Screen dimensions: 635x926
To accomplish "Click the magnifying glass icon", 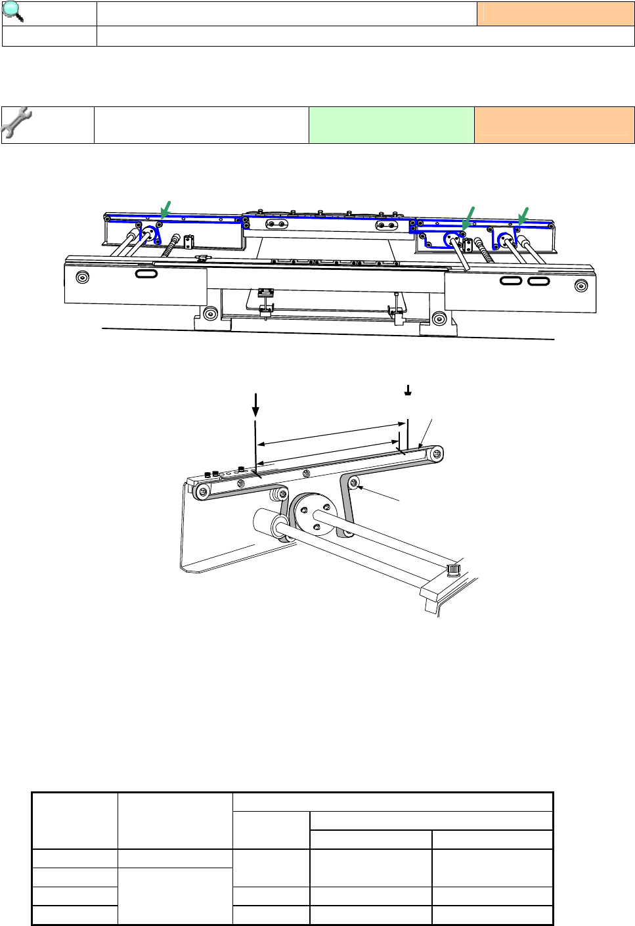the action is pos(14,12).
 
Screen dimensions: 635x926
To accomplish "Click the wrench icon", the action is pos(17,123).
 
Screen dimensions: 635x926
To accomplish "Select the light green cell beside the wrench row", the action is pos(391,125).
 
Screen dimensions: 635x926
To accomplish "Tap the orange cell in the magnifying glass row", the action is pos(555,14).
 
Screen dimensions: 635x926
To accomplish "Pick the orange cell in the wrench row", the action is pos(554,125).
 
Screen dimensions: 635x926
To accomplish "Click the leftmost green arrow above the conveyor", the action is pos(165,209).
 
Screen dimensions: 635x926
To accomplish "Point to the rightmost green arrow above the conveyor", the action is pos(523,215).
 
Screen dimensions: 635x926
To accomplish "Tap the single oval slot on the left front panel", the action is pos(146,273).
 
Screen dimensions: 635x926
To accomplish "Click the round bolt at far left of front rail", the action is pos(82,276).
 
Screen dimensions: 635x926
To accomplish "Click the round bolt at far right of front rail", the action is pos(580,286).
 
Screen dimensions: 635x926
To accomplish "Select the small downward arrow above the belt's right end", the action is pos(408,391).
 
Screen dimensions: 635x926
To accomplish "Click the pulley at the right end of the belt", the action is pos(435,453).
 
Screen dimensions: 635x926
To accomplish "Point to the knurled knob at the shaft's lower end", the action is pos(453,568).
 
